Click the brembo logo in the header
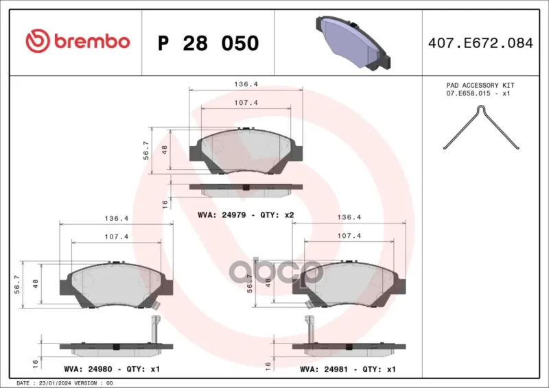point(78,41)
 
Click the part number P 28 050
point(209,43)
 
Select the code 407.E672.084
point(480,43)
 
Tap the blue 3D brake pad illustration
point(353,42)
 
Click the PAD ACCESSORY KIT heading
point(480,86)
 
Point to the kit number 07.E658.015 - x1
point(478,94)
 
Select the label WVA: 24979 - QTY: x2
point(246,215)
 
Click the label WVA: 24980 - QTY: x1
point(112,369)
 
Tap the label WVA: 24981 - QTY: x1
point(348,369)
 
